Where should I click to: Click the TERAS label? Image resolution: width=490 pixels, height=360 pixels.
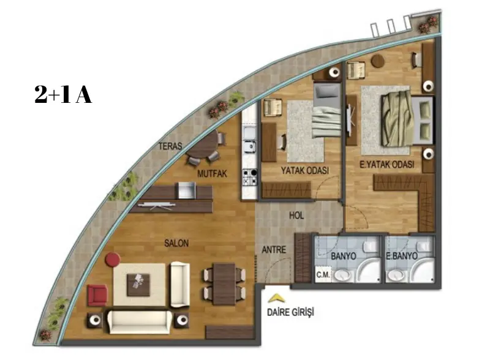pyautogui.click(x=170, y=146)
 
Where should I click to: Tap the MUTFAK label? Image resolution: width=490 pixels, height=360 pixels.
pyautogui.click(x=212, y=173)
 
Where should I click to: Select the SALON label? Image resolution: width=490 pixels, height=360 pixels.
pyautogui.click(x=176, y=243)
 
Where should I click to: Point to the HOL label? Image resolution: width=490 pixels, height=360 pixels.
pyautogui.click(x=296, y=216)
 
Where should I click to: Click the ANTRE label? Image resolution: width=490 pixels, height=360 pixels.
pyautogui.click(x=274, y=250)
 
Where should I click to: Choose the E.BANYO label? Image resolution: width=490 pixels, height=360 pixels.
pyautogui.click(x=402, y=256)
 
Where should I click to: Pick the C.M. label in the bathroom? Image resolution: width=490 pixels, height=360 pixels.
pyautogui.click(x=323, y=275)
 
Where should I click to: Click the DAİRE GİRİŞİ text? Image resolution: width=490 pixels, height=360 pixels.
pyautogui.click(x=290, y=312)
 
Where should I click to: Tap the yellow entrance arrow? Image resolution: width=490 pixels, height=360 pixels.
pyautogui.click(x=276, y=298)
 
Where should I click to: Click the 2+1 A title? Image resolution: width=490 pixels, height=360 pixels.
pyautogui.click(x=63, y=95)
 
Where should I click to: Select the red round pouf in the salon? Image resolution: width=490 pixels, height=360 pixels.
pyautogui.click(x=113, y=260)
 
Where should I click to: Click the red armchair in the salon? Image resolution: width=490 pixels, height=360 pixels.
pyautogui.click(x=97, y=295)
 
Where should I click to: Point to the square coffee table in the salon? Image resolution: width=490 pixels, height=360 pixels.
pyautogui.click(x=138, y=285)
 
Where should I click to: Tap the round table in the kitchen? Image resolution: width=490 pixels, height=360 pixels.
pyautogui.click(x=203, y=144)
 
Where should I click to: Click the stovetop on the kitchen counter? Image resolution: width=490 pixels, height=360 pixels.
pyautogui.click(x=250, y=176)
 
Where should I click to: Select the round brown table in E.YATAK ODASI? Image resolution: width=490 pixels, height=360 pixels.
pyautogui.click(x=378, y=61)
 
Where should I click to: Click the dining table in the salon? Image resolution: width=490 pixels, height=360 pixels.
pyautogui.click(x=224, y=284)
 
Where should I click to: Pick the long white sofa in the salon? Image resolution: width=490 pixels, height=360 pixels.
pyautogui.click(x=140, y=322)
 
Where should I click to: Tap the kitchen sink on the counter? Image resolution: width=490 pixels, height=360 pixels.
pyautogui.click(x=250, y=140)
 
